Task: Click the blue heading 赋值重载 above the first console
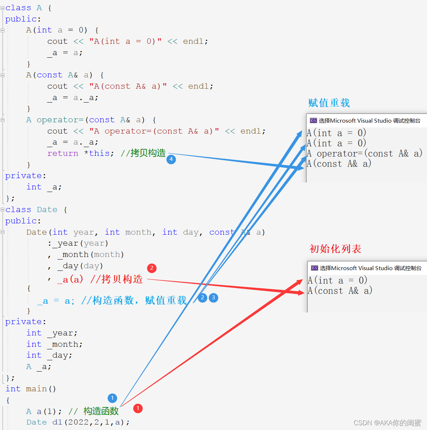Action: tap(329, 103)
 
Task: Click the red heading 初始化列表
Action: tap(335, 249)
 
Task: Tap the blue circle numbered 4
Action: tap(171, 160)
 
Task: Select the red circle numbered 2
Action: tap(152, 268)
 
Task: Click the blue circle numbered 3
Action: tap(213, 298)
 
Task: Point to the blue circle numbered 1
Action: tap(112, 398)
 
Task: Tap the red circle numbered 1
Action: tap(138, 408)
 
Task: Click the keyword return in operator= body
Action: tap(63, 153)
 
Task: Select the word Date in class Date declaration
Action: tap(47, 210)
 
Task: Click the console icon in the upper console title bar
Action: tap(313, 120)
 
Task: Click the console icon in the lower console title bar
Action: tap(314, 268)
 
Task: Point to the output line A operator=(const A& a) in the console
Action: tap(364, 154)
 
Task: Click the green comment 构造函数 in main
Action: tap(101, 411)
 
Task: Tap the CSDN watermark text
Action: tap(387, 423)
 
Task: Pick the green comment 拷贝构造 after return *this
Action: tap(148, 153)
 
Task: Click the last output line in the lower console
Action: tap(340, 291)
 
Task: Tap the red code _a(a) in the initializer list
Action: tap(70, 280)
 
